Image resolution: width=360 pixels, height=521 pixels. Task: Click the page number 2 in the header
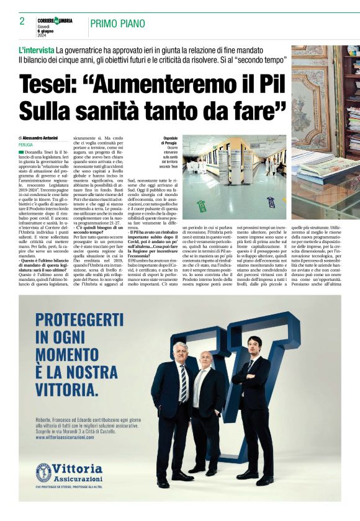coord(22,21)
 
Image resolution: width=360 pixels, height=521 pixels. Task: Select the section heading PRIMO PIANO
coord(118,24)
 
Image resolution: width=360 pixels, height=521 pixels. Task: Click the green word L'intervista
coord(36,49)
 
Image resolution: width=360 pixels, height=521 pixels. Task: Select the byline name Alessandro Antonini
coord(47,137)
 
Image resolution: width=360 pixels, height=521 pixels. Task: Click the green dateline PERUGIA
coord(26,145)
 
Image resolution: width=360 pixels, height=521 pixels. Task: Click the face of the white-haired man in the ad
coord(180,353)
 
